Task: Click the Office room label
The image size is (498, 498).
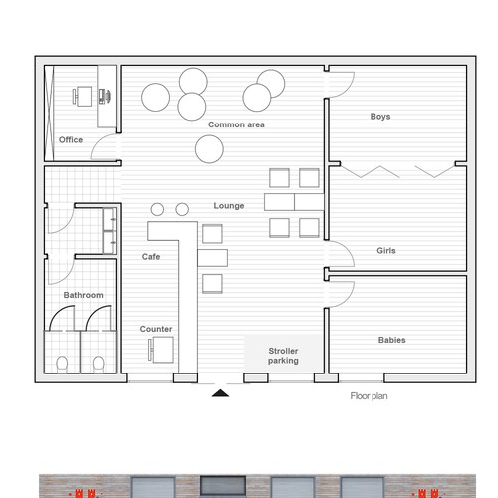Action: [x=71, y=140]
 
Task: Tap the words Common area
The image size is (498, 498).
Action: [x=236, y=124]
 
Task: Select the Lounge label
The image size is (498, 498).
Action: [x=229, y=206]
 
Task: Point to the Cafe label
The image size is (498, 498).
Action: [x=151, y=256]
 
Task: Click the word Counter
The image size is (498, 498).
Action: [x=156, y=329]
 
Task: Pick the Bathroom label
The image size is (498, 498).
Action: [x=83, y=295]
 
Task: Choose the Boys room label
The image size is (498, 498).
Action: [x=380, y=117]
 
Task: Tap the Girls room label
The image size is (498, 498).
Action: [x=386, y=250]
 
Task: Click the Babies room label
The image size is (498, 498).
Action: [x=392, y=340]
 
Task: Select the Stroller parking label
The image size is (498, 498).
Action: [x=283, y=356]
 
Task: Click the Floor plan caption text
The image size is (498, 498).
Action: [x=369, y=396]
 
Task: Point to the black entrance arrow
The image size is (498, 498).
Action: [x=220, y=393]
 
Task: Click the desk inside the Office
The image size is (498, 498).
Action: [x=84, y=96]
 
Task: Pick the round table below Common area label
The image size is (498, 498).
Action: [x=209, y=149]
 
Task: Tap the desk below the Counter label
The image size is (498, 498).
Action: [x=163, y=350]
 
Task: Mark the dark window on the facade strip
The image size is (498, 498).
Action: [x=223, y=486]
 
